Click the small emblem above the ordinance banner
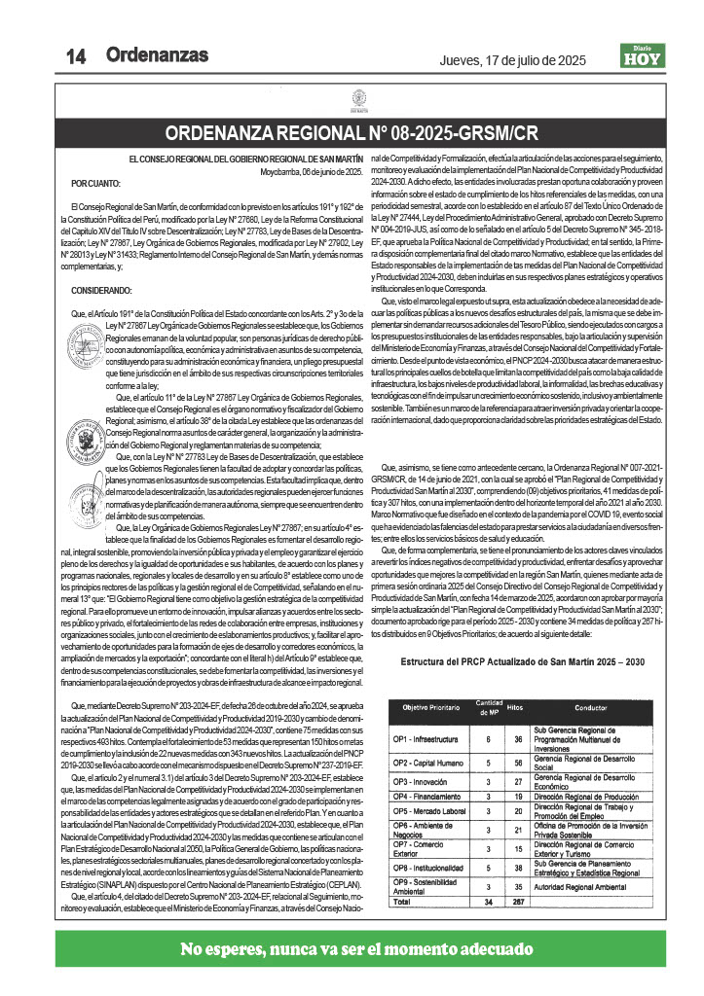352,98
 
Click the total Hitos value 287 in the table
517,902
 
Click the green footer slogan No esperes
352,949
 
